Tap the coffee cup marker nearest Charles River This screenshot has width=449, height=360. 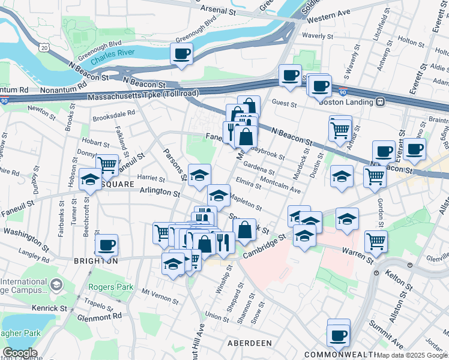[182, 55]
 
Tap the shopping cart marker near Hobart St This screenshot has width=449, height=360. [107, 164]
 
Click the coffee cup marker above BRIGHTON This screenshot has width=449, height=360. [107, 245]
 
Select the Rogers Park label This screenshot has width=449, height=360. [111, 287]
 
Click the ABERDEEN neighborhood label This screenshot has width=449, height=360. [250, 342]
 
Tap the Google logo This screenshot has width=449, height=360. [20, 353]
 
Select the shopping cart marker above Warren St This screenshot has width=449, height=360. [376, 241]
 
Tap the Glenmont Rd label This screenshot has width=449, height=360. [101, 316]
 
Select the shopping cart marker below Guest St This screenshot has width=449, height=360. [340, 128]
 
